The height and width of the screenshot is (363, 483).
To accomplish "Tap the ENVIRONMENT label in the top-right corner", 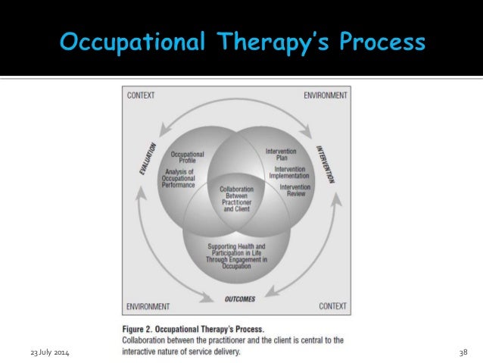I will click(x=325, y=95).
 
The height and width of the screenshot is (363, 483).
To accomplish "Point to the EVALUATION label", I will click(x=148, y=160).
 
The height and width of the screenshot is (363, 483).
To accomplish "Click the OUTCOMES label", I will click(x=240, y=299).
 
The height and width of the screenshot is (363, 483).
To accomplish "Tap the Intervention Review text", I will click(x=294, y=189).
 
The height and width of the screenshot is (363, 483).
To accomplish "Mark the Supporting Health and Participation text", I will click(x=237, y=253).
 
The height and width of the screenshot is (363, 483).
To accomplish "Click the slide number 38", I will click(x=463, y=355).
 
